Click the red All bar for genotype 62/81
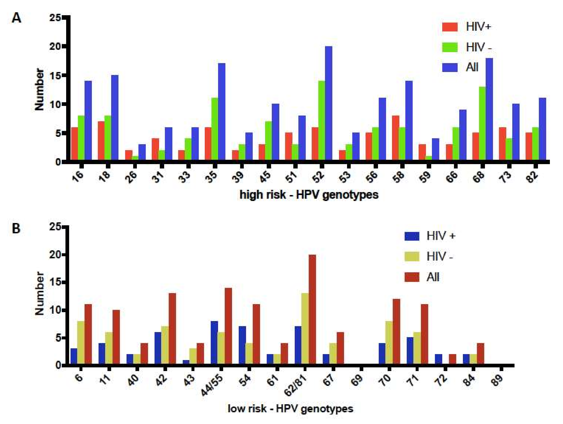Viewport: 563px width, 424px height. coord(312,310)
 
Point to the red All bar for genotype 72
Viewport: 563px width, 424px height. coord(452,360)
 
